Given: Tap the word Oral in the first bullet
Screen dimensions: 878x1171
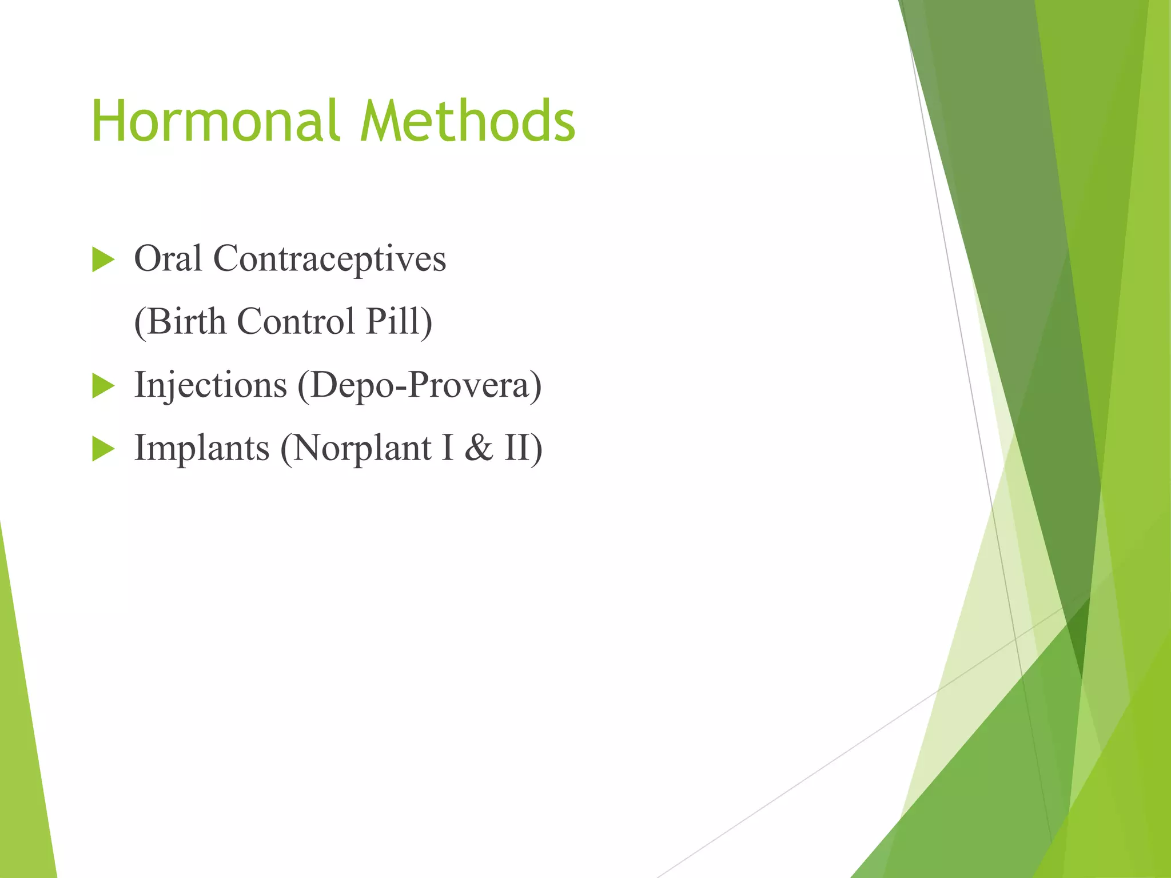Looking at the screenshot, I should pyautogui.click(x=168, y=259).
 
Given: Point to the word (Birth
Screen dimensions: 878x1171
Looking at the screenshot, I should pyautogui.click(x=180, y=321).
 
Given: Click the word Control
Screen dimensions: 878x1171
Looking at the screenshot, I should pyautogui.click(x=296, y=321).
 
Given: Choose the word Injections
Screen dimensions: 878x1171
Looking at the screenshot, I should pyautogui.click(x=210, y=385).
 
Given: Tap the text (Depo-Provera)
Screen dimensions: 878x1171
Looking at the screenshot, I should pyautogui.click(x=419, y=386).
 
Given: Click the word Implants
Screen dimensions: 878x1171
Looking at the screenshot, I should pyautogui.click(x=202, y=448).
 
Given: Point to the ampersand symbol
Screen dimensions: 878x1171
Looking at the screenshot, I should pyautogui.click(x=479, y=448).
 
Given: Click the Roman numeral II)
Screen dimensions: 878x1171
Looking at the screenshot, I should pyautogui.click(x=523, y=448).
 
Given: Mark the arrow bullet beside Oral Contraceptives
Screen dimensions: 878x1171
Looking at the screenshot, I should pyautogui.click(x=103, y=260).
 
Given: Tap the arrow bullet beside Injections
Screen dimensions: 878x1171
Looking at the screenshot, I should pyautogui.click(x=103, y=386).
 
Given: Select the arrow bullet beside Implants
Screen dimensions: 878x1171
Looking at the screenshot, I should pyautogui.click(x=103, y=449).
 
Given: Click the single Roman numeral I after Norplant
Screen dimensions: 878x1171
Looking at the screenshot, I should pyautogui.click(x=448, y=448).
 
